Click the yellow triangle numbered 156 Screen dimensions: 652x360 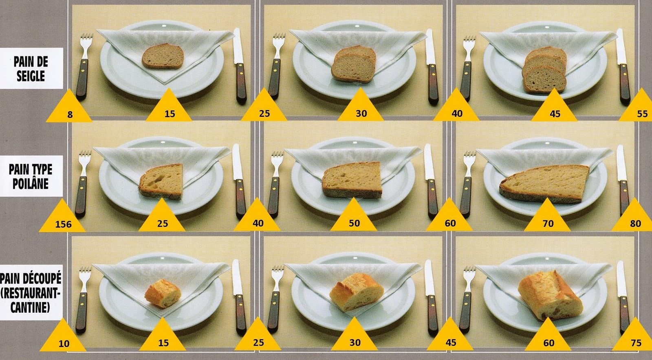[62, 218]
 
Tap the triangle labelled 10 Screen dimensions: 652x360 [63, 337]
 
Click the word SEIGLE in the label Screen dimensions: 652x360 [31, 76]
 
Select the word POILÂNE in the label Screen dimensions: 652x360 [30, 184]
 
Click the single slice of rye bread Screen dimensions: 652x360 [163, 56]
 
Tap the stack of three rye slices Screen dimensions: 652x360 [544, 70]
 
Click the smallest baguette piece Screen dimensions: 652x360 [163, 293]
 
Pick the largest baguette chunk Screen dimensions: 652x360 [551, 295]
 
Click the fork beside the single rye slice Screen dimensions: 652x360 [83, 66]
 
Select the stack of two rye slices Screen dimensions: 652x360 [354, 64]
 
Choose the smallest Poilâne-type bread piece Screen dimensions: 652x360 [161, 182]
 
